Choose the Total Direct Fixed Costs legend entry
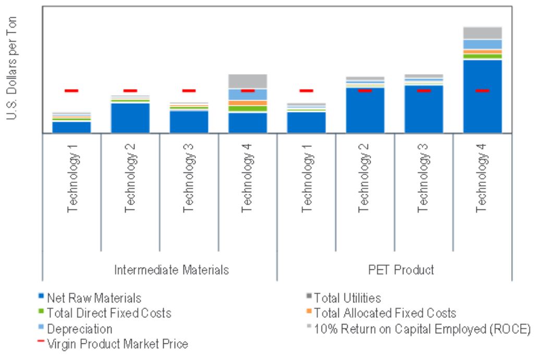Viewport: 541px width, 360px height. click(108, 314)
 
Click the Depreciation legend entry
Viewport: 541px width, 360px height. click(79, 329)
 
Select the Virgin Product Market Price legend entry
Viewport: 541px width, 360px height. click(117, 344)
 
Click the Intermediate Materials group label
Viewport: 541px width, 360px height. click(171, 270)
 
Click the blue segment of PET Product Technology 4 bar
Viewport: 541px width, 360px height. click(482, 96)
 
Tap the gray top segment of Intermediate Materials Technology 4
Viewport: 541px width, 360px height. click(248, 81)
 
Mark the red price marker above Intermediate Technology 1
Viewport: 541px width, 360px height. click(72, 91)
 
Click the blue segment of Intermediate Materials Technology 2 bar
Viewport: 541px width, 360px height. click(130, 118)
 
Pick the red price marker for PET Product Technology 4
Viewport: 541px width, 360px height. click(482, 91)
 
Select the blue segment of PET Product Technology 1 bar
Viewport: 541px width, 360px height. click(306, 122)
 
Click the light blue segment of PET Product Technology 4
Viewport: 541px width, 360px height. click(482, 44)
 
